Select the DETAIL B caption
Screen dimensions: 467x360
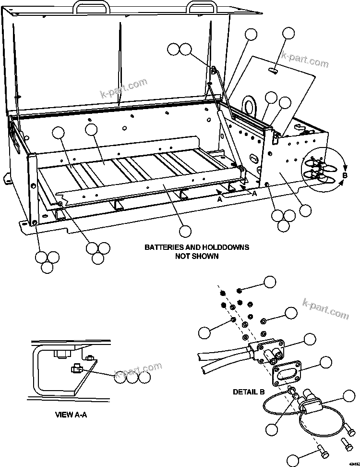(x=249, y=392)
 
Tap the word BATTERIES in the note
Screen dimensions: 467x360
(x=168, y=247)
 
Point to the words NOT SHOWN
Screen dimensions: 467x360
(x=197, y=256)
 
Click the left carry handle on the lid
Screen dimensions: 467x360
(x=91, y=7)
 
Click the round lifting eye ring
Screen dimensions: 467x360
(x=251, y=105)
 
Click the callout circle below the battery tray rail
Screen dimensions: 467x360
(x=184, y=231)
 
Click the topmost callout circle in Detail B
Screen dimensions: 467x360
(x=270, y=282)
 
